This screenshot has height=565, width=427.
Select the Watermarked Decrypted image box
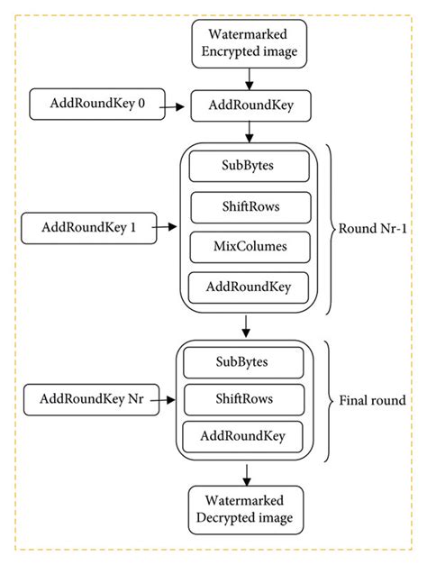(244, 511)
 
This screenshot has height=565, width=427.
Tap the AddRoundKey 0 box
(94, 105)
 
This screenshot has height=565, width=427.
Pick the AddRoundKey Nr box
(90, 397)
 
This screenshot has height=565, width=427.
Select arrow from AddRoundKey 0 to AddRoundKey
(175, 105)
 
